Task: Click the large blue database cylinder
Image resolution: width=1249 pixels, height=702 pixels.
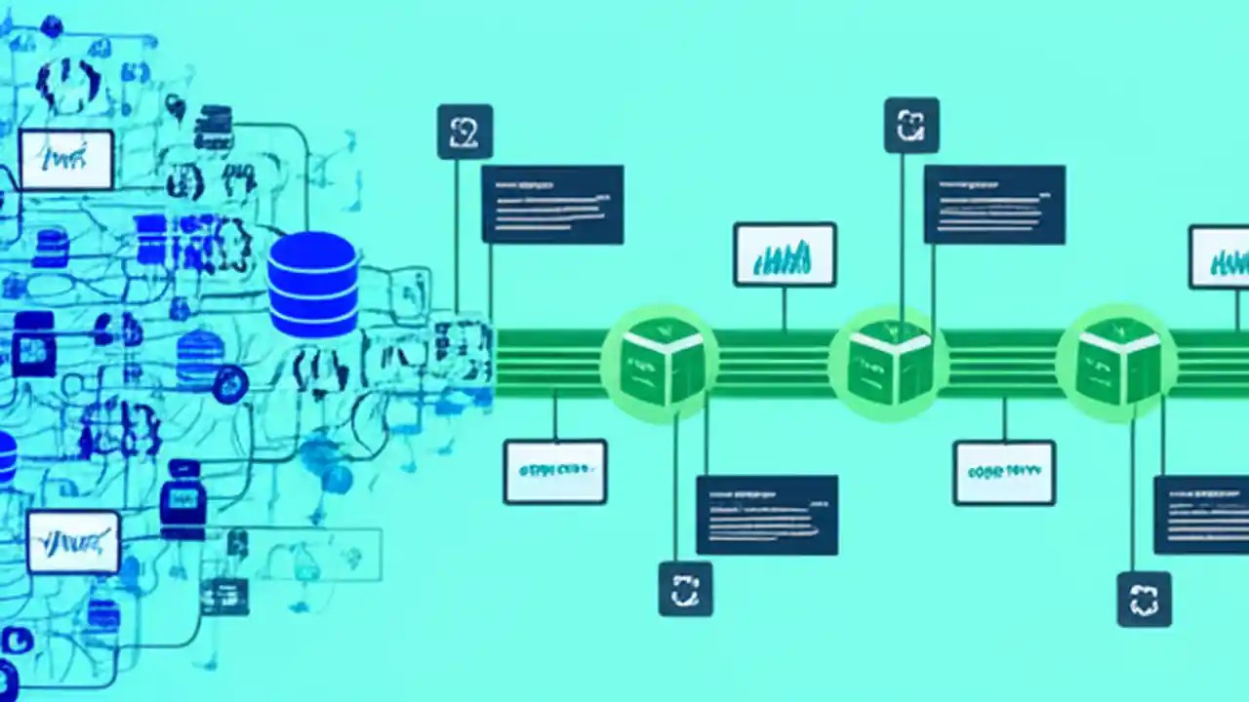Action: tap(312, 285)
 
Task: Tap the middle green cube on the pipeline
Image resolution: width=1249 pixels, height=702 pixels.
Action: tap(888, 363)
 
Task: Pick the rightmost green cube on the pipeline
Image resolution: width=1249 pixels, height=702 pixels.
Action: tap(1116, 363)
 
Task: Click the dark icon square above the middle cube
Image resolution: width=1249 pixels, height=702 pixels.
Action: tap(911, 125)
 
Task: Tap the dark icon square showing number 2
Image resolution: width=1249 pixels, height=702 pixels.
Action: tap(464, 132)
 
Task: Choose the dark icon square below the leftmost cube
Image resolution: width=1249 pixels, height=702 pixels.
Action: tap(685, 589)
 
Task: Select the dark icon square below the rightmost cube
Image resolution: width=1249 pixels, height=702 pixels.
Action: tap(1144, 599)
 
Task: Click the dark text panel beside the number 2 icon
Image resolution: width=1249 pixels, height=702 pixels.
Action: tap(552, 204)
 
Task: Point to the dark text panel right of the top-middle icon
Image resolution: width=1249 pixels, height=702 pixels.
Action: tap(994, 204)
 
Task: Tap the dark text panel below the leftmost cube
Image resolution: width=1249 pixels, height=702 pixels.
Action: tap(766, 515)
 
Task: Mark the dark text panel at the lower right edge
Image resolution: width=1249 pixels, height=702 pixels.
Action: tap(1201, 515)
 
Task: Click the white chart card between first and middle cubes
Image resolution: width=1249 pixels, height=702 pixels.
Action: tap(785, 254)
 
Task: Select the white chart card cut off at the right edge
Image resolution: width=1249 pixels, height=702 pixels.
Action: tap(1220, 256)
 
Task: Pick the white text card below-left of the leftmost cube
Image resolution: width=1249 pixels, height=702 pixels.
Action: tap(554, 471)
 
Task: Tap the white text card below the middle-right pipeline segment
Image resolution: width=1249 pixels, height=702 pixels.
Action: tap(1004, 472)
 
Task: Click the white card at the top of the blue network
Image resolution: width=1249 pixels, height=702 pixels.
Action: tap(66, 159)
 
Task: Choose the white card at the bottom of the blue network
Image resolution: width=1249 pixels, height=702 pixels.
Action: tap(73, 541)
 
